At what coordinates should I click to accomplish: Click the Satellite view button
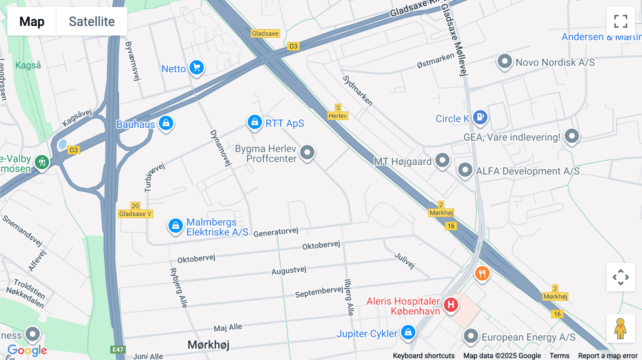point(92,21)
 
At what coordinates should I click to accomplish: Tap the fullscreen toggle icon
point(621,21)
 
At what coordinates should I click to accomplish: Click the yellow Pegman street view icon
point(621,329)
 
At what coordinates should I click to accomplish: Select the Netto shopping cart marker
point(197,67)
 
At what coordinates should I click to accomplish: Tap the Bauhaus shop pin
point(166,123)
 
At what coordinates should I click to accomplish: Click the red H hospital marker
point(451,305)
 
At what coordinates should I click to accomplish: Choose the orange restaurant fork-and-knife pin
point(482,274)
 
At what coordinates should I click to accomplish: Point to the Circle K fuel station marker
point(480,117)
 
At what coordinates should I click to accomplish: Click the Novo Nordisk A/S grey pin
point(504,61)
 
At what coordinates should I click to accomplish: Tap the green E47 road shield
point(118,350)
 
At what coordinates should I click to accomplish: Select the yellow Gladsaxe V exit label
point(135,214)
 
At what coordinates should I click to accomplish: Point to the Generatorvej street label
point(276,232)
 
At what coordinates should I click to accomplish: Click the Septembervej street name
point(319,292)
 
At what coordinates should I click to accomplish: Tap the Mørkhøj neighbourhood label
point(209,345)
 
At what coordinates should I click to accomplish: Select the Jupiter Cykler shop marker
point(408,332)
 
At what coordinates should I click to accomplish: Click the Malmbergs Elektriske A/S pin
point(175,226)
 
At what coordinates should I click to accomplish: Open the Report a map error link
point(607,356)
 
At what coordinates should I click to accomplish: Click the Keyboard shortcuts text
point(423,356)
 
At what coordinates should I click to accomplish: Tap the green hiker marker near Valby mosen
point(42,162)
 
